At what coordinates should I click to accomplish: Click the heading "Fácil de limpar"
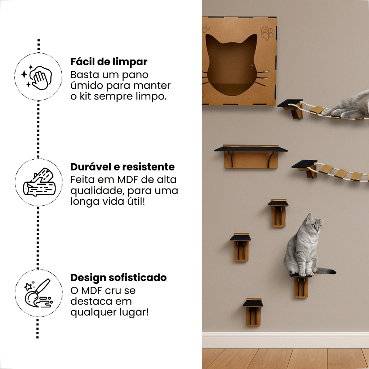pos(109,62)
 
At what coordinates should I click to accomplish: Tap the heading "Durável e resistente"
pos(123,167)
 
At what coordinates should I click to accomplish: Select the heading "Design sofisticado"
pos(118,278)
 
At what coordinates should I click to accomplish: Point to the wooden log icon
pos(39,182)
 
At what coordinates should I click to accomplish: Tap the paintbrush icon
pos(38,293)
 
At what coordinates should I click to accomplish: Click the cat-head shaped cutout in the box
pos(231,65)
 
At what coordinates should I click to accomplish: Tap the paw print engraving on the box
pos(267,33)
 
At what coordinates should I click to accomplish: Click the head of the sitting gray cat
pos(314,223)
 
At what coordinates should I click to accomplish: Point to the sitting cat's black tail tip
pos(332,272)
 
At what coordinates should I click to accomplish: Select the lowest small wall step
pos(253,312)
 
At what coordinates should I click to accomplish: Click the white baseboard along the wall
pos(285,340)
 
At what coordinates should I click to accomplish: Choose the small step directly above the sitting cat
pos(278,213)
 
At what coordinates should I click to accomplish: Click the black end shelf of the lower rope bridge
pos(304,164)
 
